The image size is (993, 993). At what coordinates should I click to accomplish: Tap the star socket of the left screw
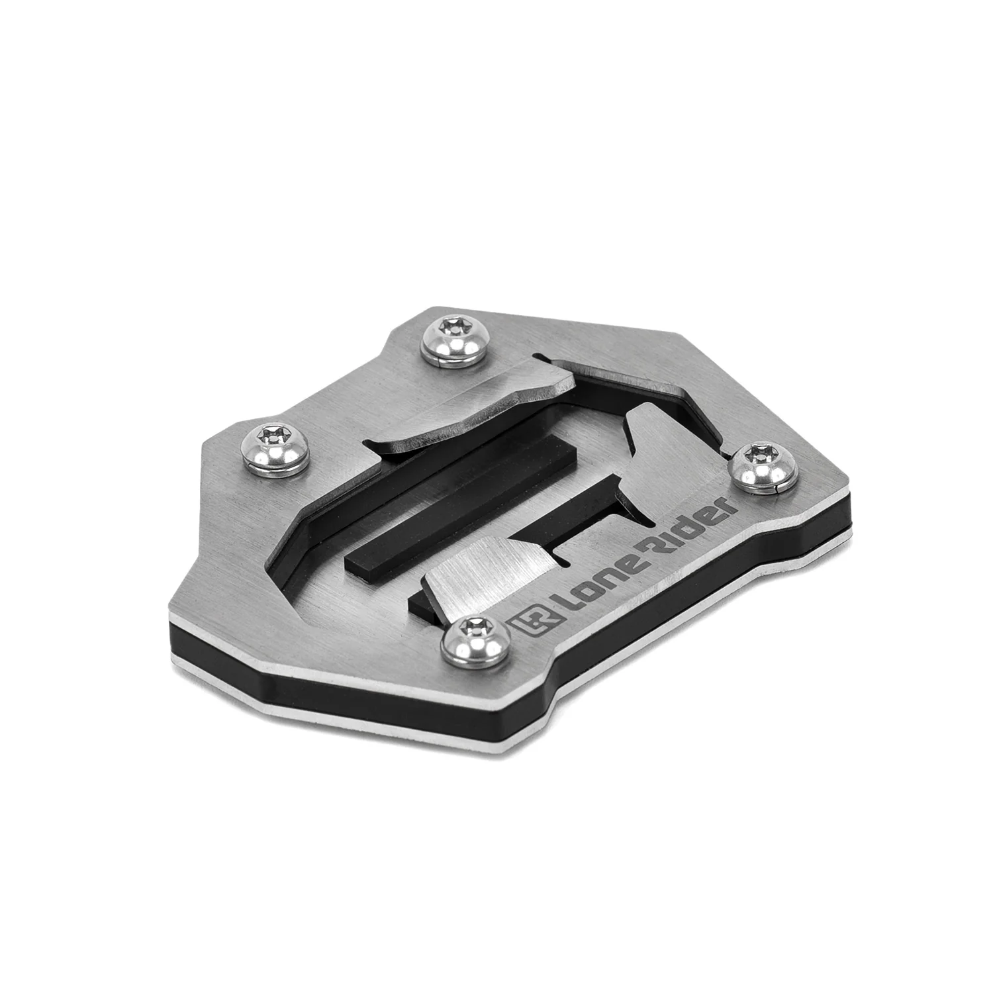click(x=270, y=434)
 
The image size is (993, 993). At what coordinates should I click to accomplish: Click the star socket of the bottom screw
click(x=471, y=625)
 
